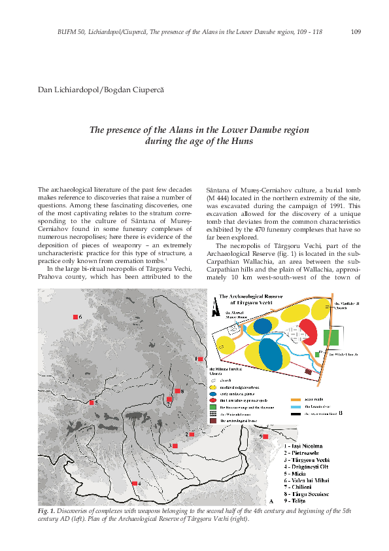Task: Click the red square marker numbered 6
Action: [75, 317]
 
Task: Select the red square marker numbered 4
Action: [134, 483]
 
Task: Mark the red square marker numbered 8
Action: [177, 391]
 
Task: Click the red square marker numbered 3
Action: [175, 446]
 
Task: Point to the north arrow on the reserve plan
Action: [214, 311]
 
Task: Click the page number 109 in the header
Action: [356, 31]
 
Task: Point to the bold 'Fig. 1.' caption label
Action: [46, 510]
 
